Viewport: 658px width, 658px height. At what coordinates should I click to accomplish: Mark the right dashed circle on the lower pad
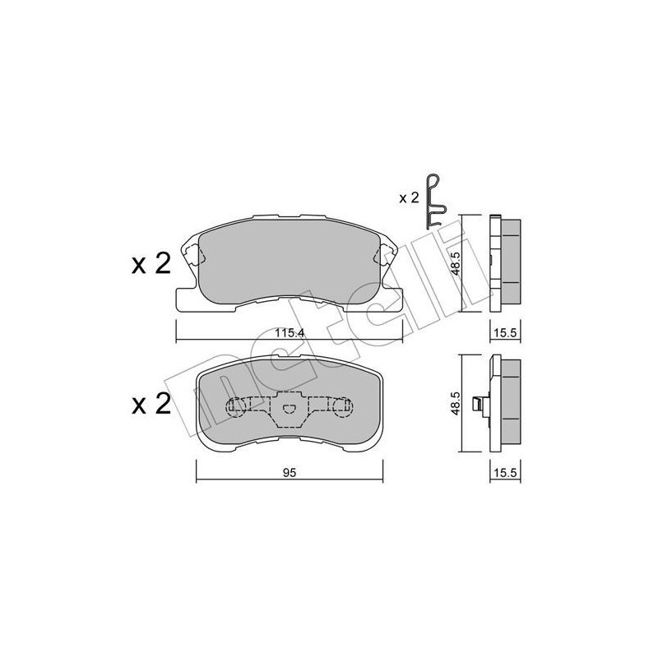point(343,405)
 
